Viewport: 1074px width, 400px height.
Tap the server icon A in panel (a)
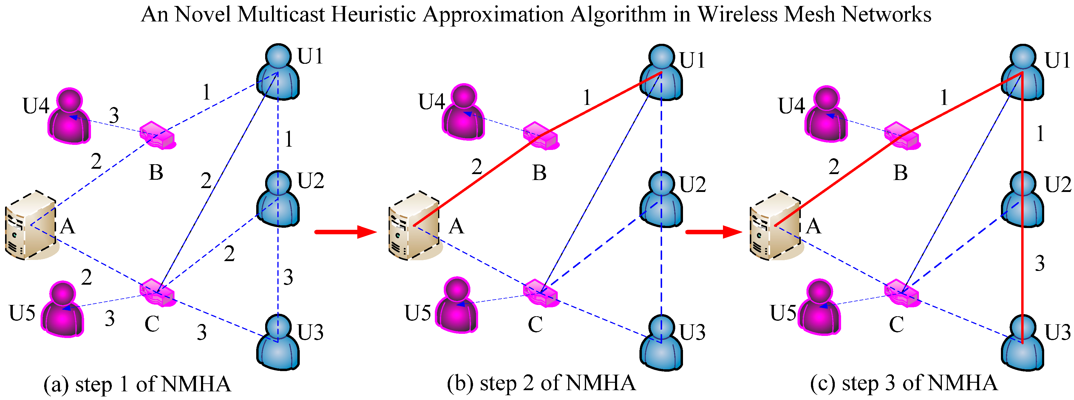click(30, 226)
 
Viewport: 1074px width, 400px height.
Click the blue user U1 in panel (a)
click(278, 73)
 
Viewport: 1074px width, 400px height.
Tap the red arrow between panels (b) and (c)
click(714, 232)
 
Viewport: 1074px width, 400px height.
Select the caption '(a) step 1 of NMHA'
click(137, 384)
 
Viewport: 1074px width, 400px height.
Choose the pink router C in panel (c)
click(901, 293)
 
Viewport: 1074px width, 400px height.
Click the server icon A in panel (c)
click(775, 226)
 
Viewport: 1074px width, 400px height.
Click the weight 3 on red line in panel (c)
click(1040, 263)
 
